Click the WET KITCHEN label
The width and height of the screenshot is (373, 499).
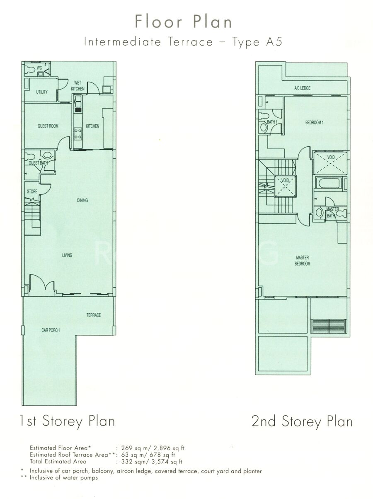(78, 86)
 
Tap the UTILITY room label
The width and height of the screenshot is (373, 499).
(42, 92)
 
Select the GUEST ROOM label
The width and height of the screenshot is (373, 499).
(48, 126)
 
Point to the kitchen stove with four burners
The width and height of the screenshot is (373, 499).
(78, 134)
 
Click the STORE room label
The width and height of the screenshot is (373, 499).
(32, 191)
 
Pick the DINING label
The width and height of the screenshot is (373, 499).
(82, 200)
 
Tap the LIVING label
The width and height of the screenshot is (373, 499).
(67, 255)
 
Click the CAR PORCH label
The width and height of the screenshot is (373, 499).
(51, 330)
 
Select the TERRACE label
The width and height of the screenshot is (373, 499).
(93, 315)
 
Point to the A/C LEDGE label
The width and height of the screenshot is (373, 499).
(302, 88)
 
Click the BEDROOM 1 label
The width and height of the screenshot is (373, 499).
(315, 123)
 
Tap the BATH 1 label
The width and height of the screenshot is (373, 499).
(272, 122)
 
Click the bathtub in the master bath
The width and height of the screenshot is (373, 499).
(329, 183)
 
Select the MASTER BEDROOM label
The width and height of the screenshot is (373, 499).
(302, 261)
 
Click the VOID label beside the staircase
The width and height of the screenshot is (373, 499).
(285, 180)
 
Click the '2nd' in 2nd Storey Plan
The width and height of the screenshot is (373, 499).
(264, 421)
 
